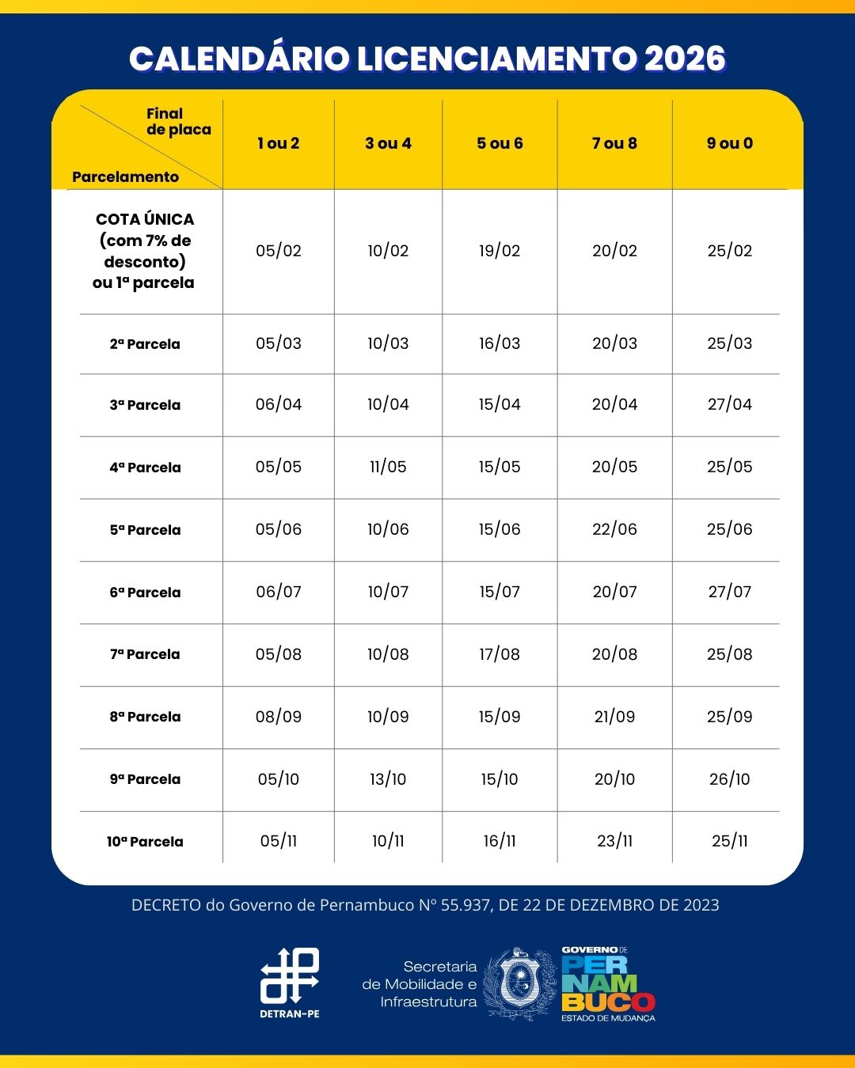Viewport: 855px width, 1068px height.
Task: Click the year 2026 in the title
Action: pos(685,59)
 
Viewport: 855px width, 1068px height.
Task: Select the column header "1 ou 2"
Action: pos(279,143)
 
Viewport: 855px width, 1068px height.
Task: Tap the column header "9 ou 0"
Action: pos(730,143)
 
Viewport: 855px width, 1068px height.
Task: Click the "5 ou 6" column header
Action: pos(500,143)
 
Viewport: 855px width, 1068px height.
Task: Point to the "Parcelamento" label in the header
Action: pos(125,177)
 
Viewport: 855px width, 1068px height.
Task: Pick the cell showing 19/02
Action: pos(500,251)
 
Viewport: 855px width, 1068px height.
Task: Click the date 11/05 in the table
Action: pos(388,467)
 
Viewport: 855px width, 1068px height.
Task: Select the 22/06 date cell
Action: pos(614,529)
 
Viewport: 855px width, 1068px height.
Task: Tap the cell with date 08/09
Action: pos(279,717)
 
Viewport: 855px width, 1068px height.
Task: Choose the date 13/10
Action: pos(388,779)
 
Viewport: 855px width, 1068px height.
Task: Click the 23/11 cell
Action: pos(614,841)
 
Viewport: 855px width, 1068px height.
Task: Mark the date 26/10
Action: pos(730,779)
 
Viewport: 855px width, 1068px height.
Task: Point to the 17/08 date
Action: pos(500,654)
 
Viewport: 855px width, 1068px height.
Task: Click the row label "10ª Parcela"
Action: pos(145,842)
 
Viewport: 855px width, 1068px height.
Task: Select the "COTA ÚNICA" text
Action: pos(145,219)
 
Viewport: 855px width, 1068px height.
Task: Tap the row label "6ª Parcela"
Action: pos(145,593)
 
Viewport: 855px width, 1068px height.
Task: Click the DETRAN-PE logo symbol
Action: pos(290,975)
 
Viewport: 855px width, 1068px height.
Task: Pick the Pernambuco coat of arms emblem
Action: pos(520,983)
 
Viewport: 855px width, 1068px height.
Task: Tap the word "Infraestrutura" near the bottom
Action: pos(428,1002)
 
